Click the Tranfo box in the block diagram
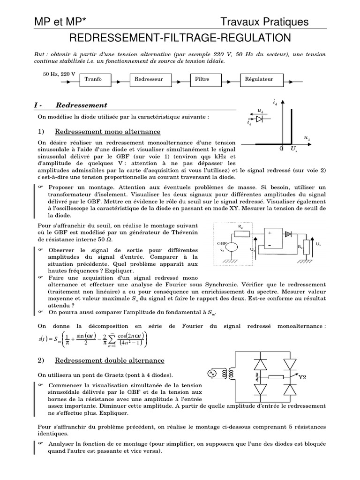93,79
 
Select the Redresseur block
149,79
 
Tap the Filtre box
202,79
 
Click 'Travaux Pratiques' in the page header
265,22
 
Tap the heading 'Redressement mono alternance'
107,132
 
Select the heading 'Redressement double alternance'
109,360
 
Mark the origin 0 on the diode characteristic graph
281,149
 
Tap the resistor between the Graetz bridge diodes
277,376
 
